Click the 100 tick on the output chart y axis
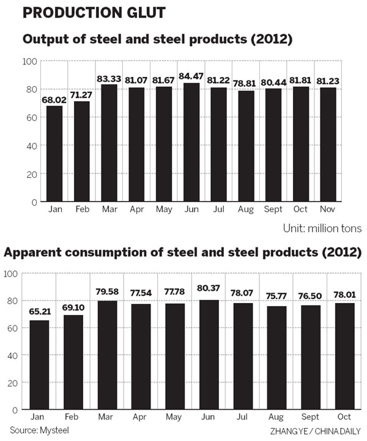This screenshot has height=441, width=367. (29, 62)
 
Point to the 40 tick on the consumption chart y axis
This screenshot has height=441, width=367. (11, 355)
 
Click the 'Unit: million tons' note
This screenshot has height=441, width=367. (322, 228)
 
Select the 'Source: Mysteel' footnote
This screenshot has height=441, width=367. (39, 430)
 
